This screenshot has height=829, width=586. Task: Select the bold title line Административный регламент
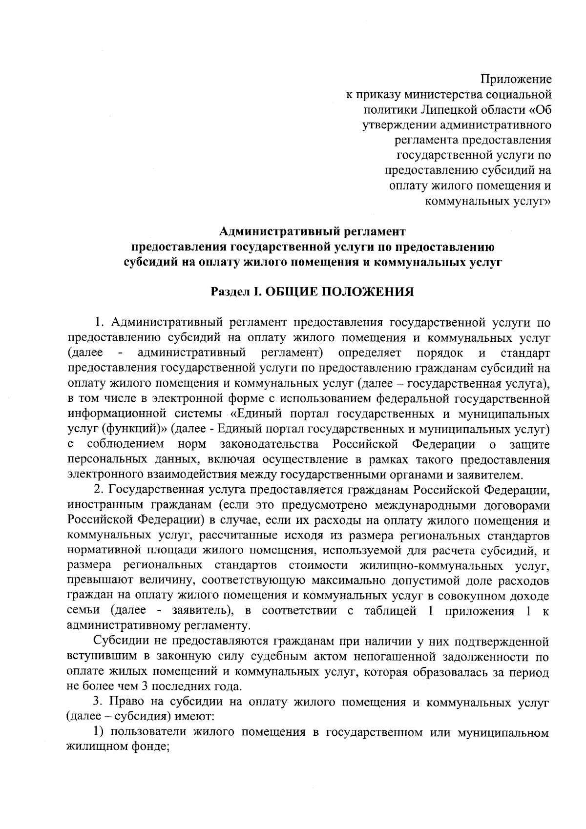(312, 230)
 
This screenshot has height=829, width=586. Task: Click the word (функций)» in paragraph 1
(134, 430)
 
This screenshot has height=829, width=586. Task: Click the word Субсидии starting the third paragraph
(117, 642)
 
